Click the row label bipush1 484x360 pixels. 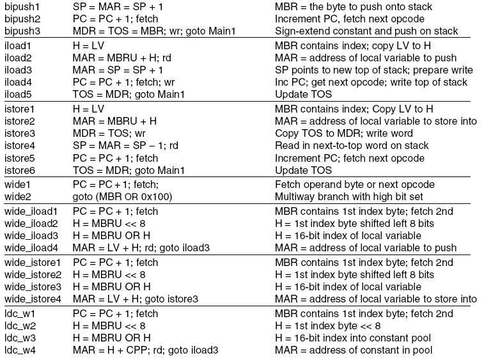22,7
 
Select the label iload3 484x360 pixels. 18,70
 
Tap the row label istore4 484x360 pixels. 20,146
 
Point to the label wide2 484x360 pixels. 18,197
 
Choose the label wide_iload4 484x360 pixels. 31,248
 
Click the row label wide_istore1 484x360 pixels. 33,263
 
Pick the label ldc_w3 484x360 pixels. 20,338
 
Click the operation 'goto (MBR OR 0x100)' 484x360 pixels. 122,197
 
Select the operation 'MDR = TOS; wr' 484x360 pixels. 109,134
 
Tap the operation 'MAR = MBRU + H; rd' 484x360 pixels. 122,58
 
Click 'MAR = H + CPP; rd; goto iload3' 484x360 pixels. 145,350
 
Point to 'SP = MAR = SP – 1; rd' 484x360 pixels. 125,146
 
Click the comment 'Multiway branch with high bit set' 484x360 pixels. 349,197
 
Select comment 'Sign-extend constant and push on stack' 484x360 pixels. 366,31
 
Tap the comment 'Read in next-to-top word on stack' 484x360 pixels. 352,146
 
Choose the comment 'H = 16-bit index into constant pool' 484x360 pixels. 353,338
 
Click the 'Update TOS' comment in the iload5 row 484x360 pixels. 303,95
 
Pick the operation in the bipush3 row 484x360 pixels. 154,31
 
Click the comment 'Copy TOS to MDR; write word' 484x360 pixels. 344,134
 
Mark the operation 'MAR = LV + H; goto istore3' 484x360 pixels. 135,299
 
